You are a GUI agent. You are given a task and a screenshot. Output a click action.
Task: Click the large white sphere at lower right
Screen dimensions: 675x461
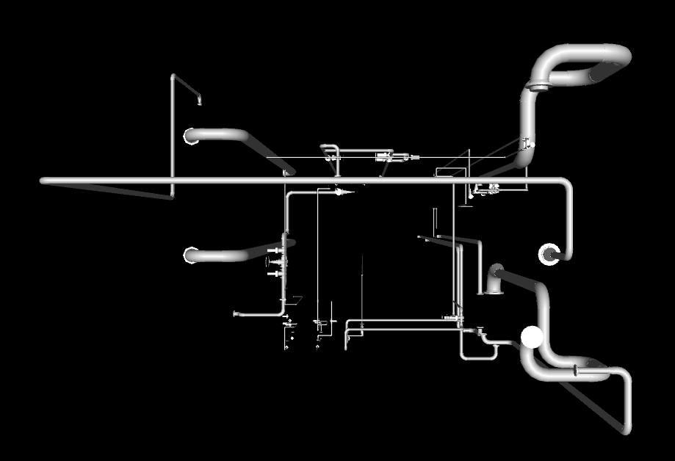532,337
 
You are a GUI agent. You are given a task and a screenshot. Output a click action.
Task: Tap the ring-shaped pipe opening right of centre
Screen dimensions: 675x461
549,254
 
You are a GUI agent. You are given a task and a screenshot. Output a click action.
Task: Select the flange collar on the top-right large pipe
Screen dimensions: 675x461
538,88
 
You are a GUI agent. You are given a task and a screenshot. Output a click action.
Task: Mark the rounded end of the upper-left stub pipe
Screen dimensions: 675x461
189,137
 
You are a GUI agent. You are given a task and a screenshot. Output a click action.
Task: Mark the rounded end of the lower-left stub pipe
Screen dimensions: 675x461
189,255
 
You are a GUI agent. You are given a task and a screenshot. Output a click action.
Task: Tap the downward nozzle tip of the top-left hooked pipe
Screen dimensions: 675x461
199,103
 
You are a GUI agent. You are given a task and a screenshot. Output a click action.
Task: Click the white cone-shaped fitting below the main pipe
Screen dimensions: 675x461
342,192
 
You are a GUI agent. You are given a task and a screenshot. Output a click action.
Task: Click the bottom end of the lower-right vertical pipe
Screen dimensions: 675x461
627,429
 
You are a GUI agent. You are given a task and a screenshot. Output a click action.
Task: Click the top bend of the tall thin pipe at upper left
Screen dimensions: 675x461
173,76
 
